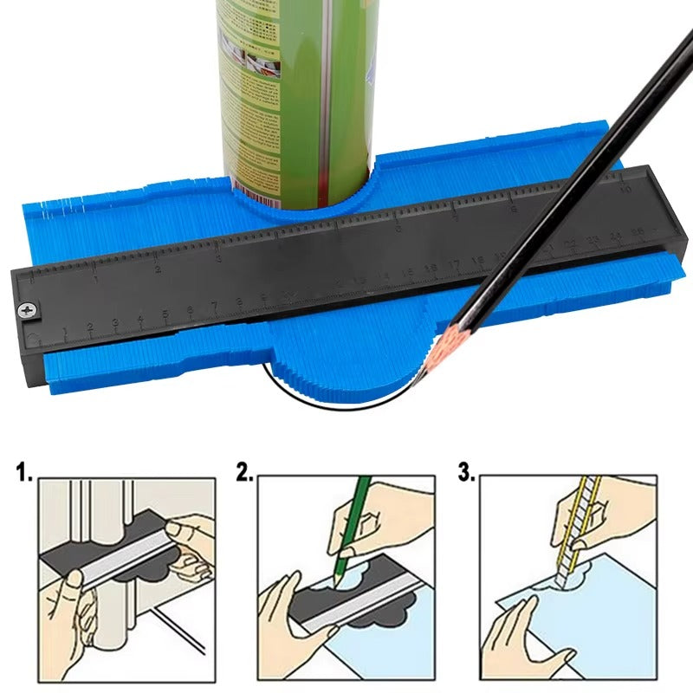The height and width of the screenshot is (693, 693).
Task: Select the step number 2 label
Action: [246, 473]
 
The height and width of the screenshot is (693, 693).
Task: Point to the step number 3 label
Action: [466, 473]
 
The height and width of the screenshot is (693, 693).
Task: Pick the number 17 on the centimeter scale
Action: [454, 263]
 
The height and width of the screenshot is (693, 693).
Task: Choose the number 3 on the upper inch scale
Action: [219, 257]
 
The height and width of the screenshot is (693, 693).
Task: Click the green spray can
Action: [295, 87]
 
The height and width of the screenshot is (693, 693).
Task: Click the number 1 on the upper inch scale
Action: [95, 279]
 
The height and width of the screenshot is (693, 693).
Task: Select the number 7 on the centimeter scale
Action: [214, 307]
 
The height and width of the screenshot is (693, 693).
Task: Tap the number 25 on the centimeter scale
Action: [638, 232]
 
